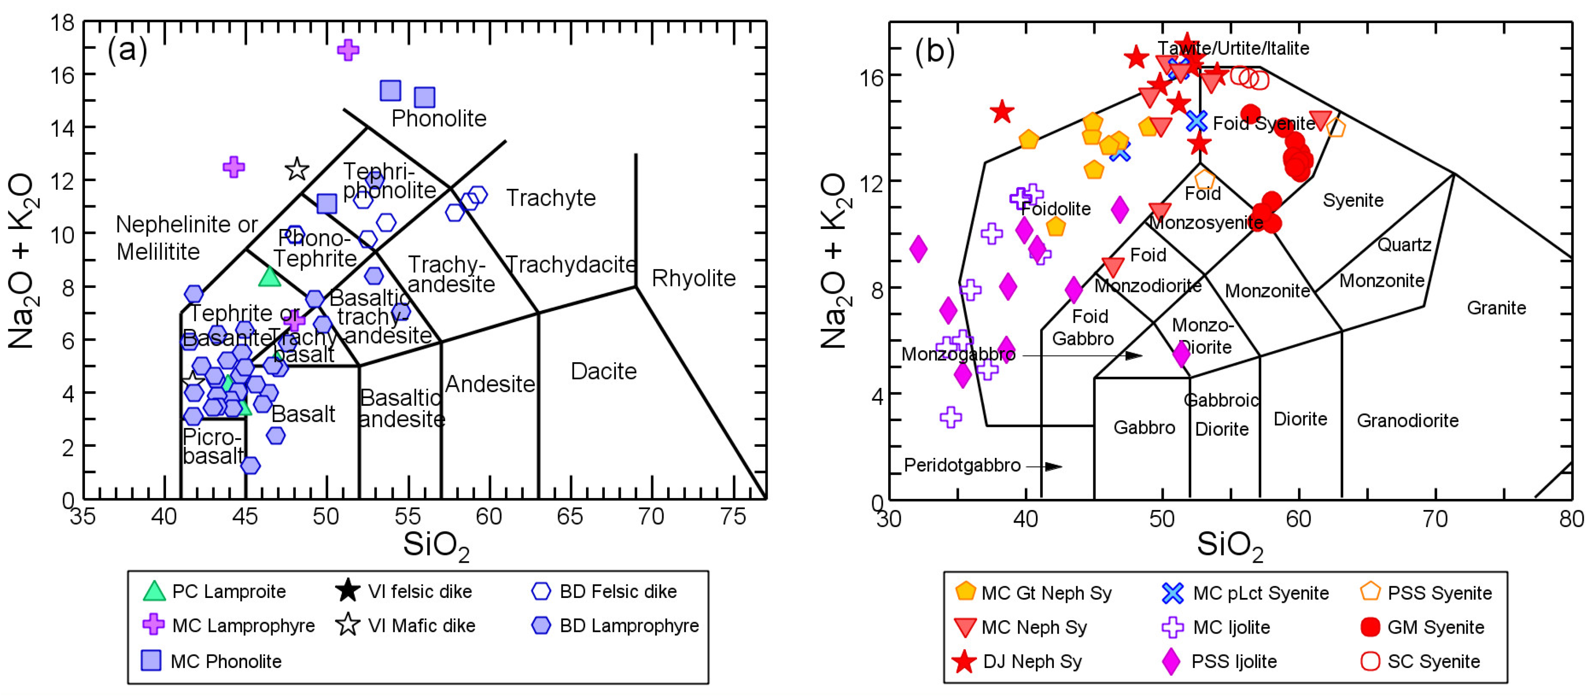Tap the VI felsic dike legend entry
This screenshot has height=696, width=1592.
coord(405,592)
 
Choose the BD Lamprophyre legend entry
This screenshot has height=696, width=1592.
coord(615,625)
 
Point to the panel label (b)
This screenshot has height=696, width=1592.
coord(935,51)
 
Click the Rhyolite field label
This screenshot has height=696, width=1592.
coord(693,278)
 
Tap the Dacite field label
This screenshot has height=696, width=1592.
coord(603,371)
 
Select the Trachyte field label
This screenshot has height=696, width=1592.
coord(551,198)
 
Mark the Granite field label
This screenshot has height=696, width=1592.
coord(1495,308)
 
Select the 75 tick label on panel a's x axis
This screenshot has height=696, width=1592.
coord(733,516)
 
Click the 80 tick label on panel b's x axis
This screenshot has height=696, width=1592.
coord(1571,518)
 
